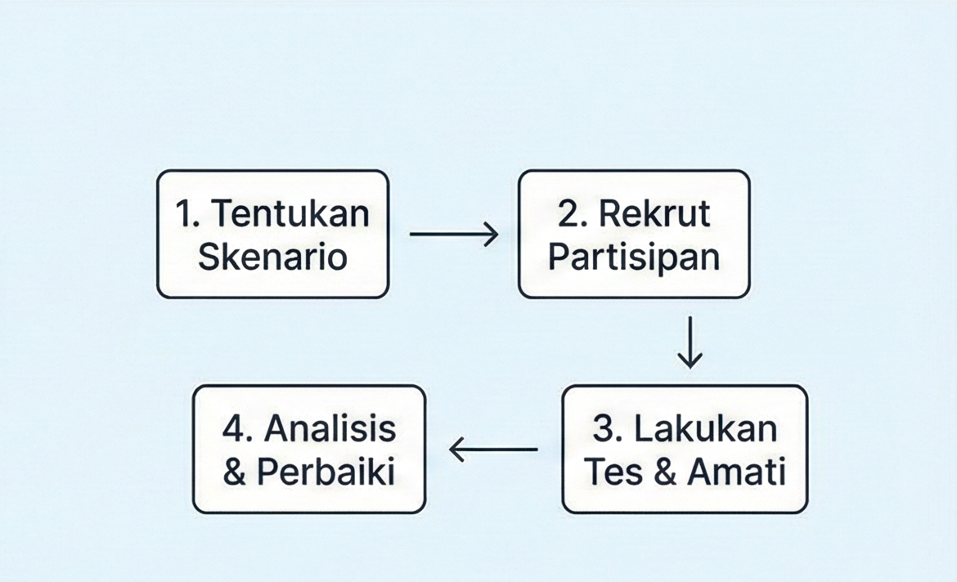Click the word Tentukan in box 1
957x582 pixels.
[290, 213]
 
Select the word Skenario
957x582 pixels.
[273, 256]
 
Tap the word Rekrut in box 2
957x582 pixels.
[654, 213]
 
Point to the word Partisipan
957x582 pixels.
[634, 257]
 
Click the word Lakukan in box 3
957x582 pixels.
[706, 428]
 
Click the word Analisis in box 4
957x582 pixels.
[330, 428]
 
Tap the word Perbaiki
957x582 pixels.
[326, 472]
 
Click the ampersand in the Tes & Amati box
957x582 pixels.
[666, 472]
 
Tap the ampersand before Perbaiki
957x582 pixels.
[235, 472]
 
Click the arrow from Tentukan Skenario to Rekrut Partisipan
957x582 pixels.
[454, 234]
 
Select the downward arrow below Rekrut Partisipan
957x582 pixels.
[690, 342]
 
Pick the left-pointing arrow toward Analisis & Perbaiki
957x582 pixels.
[493, 450]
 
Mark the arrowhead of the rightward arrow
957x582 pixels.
[492, 234]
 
